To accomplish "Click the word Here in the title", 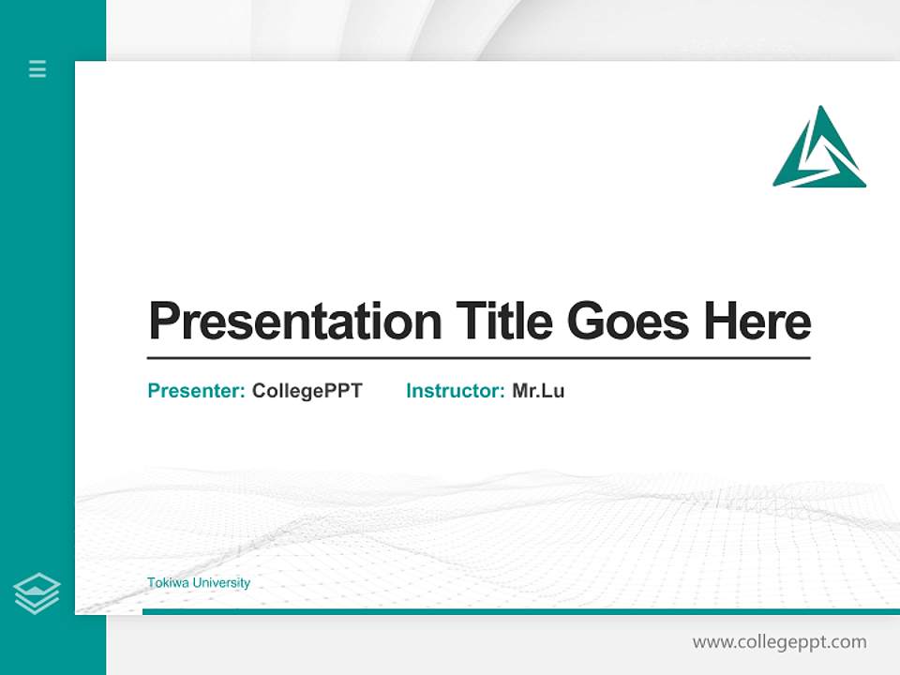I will tap(757, 322).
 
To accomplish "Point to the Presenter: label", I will tap(196, 391).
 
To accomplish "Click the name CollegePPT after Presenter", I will tap(307, 391).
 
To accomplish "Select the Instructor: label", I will tap(455, 391).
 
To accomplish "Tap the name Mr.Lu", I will tap(538, 391).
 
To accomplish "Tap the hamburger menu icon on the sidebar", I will tap(37, 68).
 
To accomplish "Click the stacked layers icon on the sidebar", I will tap(37, 593).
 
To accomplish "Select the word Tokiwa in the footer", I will tap(165, 583).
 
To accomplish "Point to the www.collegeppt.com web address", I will tap(779, 642).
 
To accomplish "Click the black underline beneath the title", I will tap(478, 358).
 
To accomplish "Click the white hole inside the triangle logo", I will tap(819, 157).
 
